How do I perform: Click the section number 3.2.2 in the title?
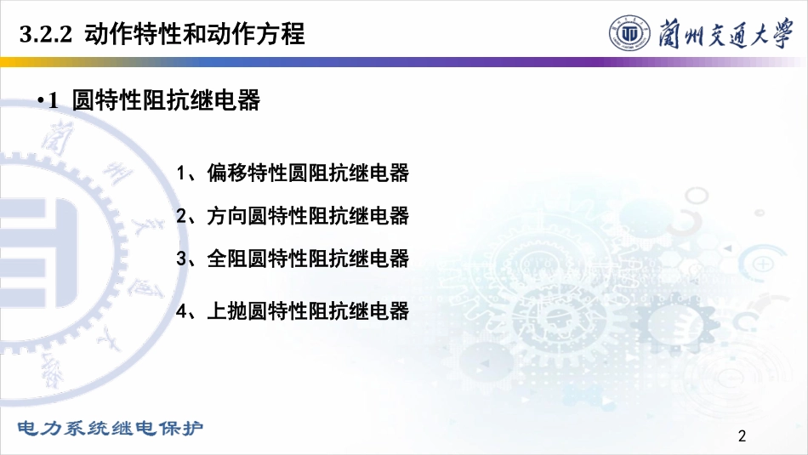pyautogui.click(x=45, y=35)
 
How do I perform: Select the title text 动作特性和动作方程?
pyautogui.click(x=194, y=34)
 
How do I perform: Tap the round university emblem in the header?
pyautogui.click(x=629, y=33)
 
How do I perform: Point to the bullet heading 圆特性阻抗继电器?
pyautogui.click(x=166, y=100)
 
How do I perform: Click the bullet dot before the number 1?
pyautogui.click(x=41, y=100)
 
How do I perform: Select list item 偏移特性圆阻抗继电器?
pyautogui.click(x=308, y=173)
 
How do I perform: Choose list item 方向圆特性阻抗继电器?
pyautogui.click(x=308, y=216)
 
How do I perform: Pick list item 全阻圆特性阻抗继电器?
pyautogui.click(x=308, y=259)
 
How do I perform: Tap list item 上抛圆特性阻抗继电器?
pyautogui.click(x=308, y=311)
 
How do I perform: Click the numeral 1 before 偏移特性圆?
pyautogui.click(x=180, y=173)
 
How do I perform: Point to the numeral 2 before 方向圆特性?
pyautogui.click(x=181, y=216)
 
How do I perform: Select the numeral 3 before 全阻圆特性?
pyautogui.click(x=181, y=259)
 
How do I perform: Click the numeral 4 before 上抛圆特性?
pyautogui.click(x=181, y=311)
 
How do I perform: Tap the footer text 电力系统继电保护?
pyautogui.click(x=111, y=428)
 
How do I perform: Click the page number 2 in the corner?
pyautogui.click(x=742, y=436)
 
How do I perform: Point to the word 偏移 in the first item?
pyautogui.click(x=227, y=173)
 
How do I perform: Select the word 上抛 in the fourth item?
pyautogui.click(x=227, y=311)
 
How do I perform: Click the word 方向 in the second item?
pyautogui.click(x=227, y=216)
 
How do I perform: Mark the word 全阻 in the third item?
pyautogui.click(x=227, y=259)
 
